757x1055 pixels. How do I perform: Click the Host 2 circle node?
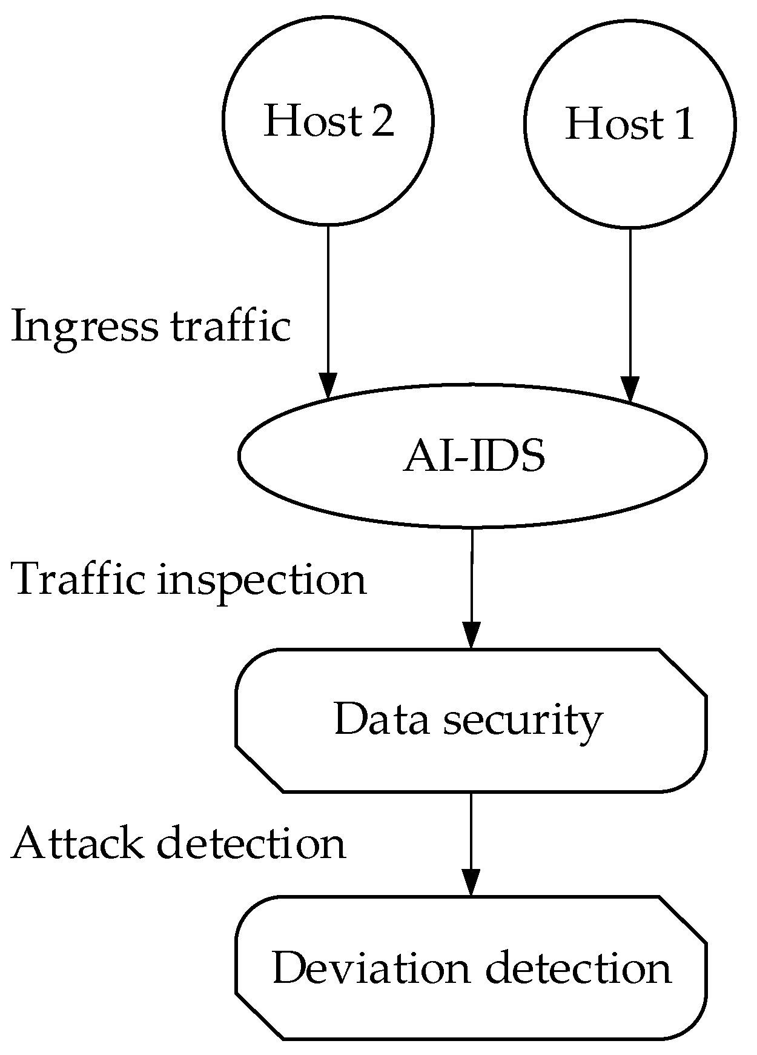(x=328, y=119)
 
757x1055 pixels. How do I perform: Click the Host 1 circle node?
(x=629, y=123)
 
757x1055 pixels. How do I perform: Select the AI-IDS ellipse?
(x=472, y=455)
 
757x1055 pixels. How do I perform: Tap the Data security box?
(x=471, y=720)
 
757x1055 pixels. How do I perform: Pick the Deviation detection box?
(x=471, y=968)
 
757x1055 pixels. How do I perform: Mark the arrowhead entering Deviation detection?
(x=471, y=882)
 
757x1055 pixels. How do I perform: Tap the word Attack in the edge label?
(x=78, y=844)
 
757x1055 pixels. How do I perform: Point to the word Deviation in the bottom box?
(x=371, y=968)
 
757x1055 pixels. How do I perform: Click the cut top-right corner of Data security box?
(x=683, y=672)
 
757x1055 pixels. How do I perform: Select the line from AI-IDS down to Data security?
(x=472, y=576)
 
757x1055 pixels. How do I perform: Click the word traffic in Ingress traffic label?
(x=231, y=327)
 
